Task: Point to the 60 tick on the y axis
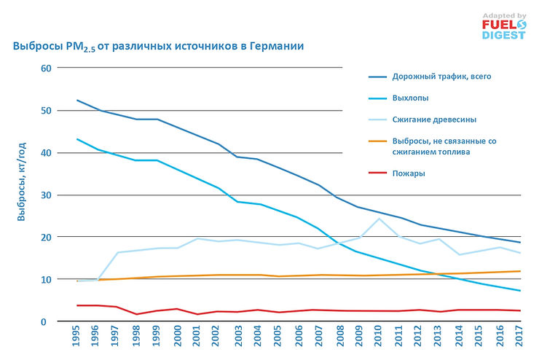(45, 69)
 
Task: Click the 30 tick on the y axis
(45, 195)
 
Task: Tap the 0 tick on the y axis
(47, 321)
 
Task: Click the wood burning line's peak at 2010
(379, 219)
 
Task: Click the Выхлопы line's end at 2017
(519, 291)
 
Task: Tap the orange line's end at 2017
(519, 271)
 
